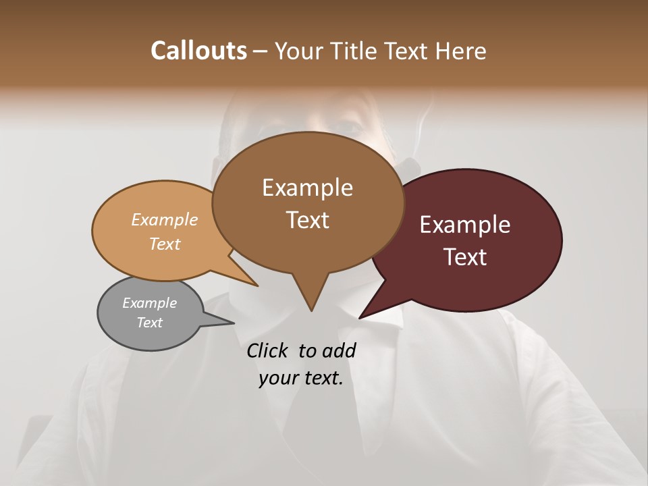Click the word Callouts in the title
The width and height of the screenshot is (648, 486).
(x=198, y=51)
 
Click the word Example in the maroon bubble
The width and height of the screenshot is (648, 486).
(x=465, y=225)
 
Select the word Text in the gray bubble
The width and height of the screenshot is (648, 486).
(x=150, y=323)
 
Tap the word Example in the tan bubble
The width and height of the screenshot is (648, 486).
(x=165, y=219)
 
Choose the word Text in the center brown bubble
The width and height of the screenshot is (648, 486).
(x=308, y=220)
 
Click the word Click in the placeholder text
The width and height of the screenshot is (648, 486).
(x=267, y=350)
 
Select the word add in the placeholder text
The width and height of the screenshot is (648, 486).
(x=339, y=350)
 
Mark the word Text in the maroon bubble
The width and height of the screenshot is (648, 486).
(x=466, y=257)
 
